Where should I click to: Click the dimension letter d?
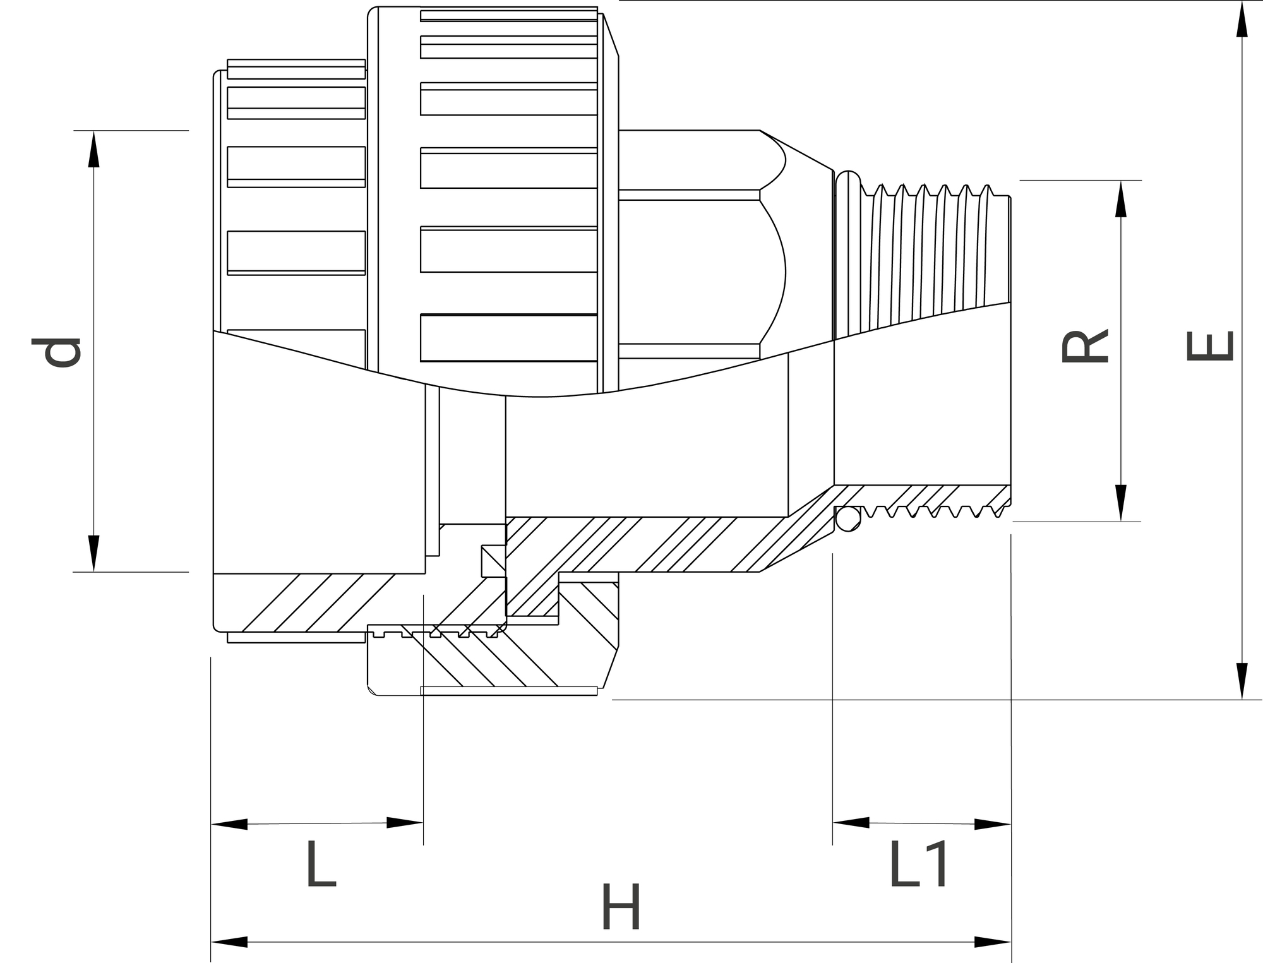pyautogui.click(x=57, y=352)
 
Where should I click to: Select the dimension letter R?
pyautogui.click(x=1085, y=346)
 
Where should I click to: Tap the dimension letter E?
pyautogui.click(x=1210, y=347)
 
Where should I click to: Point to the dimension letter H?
pyautogui.click(x=621, y=907)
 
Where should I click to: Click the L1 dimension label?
pyautogui.click(x=918, y=863)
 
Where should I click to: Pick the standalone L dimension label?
pyautogui.click(x=321, y=863)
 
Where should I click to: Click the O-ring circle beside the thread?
pyautogui.click(x=847, y=519)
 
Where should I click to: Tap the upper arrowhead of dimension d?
pyautogui.click(x=93, y=149)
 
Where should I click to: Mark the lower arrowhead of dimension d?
pyautogui.click(x=93, y=553)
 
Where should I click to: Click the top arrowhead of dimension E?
pyautogui.click(x=1242, y=19)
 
